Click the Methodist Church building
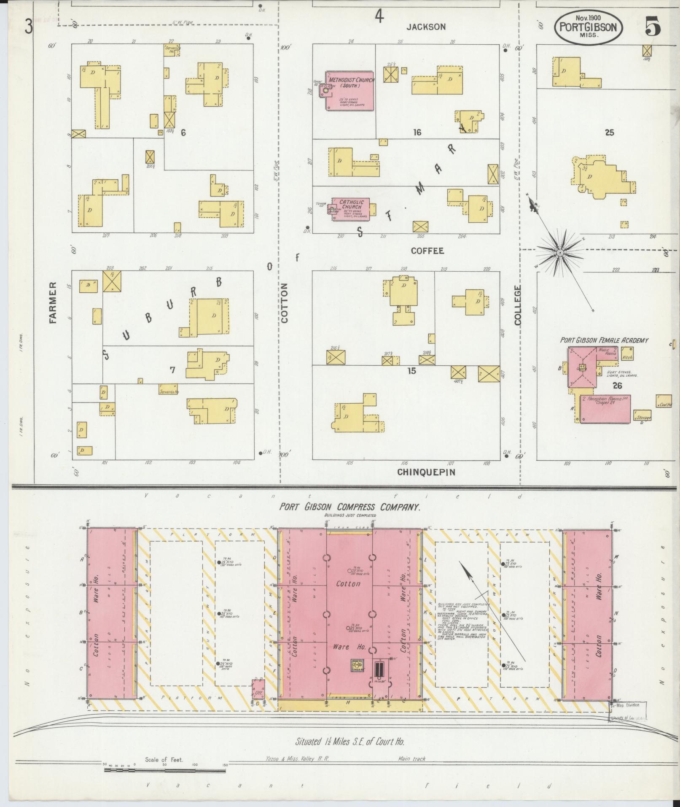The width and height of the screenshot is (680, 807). (349, 91)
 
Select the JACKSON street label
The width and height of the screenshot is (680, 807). (426, 27)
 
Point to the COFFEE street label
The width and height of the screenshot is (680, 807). (427, 251)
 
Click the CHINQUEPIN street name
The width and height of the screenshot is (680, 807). (426, 472)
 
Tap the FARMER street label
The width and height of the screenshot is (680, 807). (53, 302)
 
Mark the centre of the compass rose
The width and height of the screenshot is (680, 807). (560, 253)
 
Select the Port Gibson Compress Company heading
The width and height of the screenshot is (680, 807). (350, 507)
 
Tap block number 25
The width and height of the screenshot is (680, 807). (609, 133)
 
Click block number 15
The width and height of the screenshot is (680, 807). (411, 371)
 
